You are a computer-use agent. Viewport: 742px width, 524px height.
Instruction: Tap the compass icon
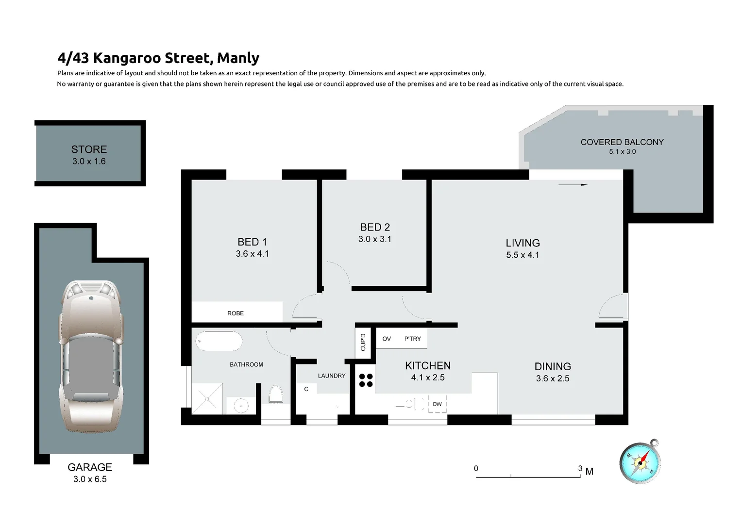[641, 462]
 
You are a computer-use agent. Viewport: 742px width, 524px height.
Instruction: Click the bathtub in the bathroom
[219, 342]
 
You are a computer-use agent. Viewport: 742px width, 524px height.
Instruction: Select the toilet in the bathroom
[275, 394]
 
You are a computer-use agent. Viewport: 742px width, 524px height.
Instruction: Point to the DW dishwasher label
[437, 404]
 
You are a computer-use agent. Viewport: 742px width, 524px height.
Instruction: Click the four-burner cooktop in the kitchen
[366, 380]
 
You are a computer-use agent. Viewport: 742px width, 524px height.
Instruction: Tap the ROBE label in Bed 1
[236, 313]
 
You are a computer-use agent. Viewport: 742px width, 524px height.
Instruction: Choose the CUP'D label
[363, 342]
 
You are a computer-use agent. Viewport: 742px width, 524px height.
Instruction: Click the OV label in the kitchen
[387, 339]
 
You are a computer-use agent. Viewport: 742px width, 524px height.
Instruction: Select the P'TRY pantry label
[413, 339]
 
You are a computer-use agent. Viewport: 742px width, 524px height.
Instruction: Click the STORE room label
[89, 149]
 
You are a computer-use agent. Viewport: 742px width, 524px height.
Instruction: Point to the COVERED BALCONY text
[622, 142]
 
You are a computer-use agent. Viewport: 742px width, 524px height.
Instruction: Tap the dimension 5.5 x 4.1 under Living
[523, 255]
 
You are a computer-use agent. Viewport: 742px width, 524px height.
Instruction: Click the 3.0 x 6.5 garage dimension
[90, 479]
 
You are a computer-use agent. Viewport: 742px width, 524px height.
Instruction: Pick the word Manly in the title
[238, 58]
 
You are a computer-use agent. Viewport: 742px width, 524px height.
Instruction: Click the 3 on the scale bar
[580, 468]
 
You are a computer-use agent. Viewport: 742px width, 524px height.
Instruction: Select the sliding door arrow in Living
[573, 184]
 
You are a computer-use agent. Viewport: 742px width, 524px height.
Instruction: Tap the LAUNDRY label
[332, 376]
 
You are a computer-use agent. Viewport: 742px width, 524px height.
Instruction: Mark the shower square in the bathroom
[208, 398]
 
